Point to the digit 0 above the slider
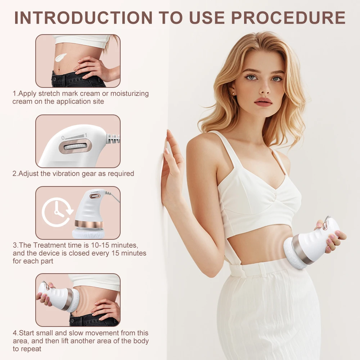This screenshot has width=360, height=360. point(63,138)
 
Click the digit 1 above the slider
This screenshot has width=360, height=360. point(85,135)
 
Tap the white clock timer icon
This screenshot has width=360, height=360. point(57,212)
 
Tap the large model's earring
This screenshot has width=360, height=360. point(234,93)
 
